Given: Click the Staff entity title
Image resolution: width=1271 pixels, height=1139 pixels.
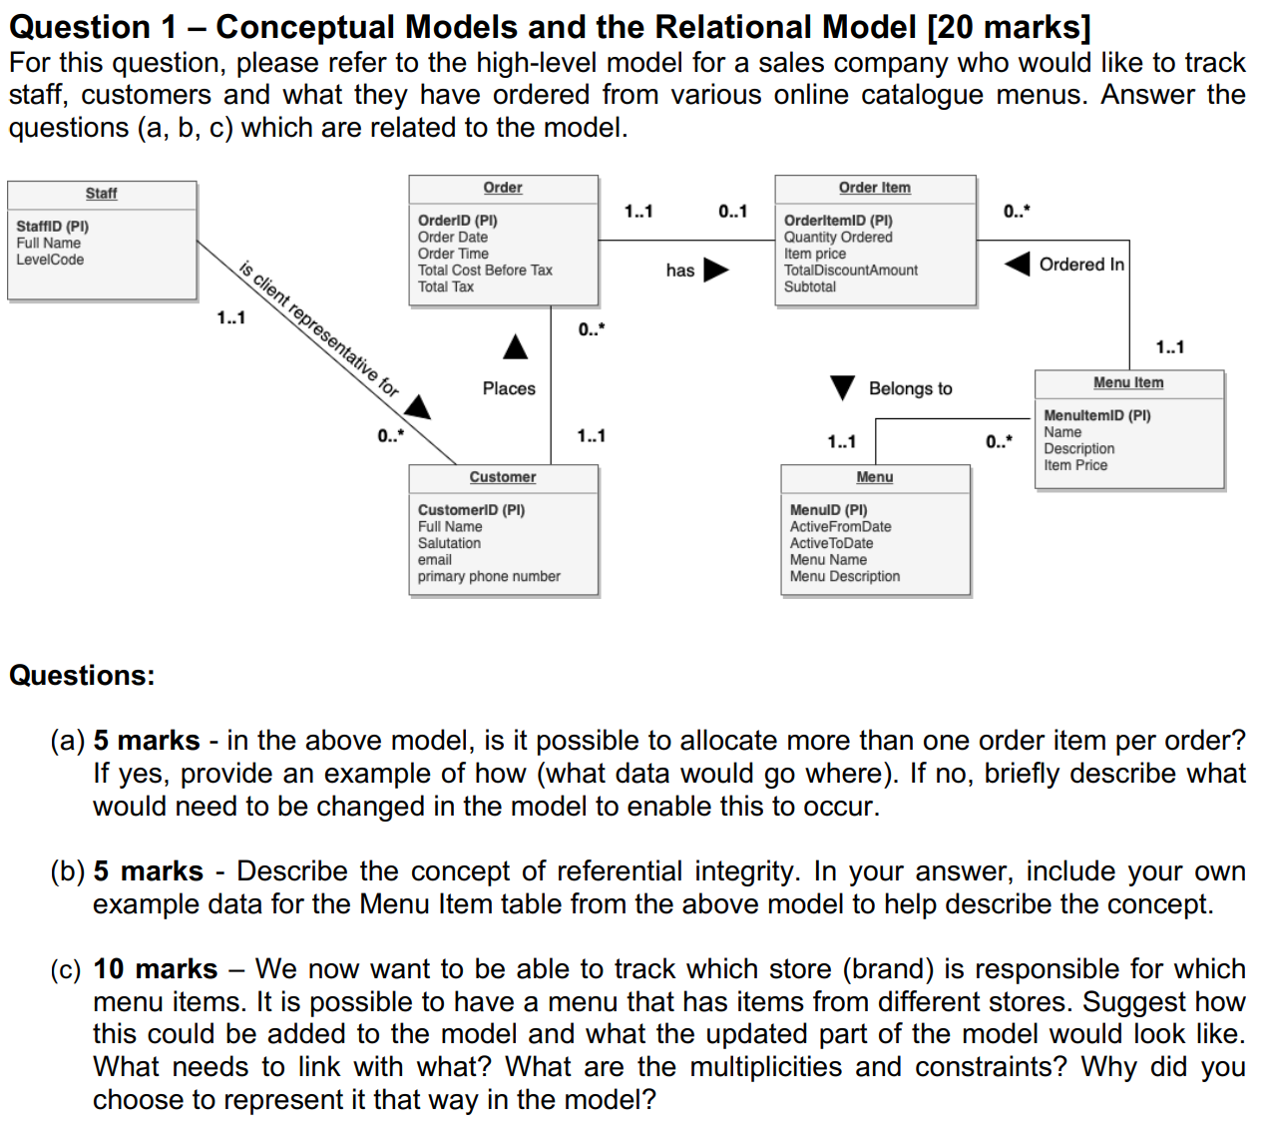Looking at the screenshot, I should click(x=101, y=194).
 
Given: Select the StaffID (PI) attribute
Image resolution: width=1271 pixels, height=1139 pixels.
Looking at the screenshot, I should click(x=52, y=227).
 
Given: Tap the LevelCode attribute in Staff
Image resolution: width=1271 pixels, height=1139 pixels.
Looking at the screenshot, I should click(x=50, y=260).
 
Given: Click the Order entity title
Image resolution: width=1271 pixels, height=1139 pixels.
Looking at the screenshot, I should click(x=503, y=188).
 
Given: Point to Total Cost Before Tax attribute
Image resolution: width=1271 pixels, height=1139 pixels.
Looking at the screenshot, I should click(x=485, y=271).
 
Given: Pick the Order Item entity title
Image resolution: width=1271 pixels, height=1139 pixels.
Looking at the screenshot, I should click(x=874, y=188).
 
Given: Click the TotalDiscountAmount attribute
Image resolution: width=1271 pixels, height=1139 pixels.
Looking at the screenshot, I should click(x=850, y=271).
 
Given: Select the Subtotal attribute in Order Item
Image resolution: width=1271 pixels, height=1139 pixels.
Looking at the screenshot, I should click(x=810, y=286).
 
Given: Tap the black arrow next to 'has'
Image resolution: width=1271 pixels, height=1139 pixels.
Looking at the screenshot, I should click(x=715, y=271).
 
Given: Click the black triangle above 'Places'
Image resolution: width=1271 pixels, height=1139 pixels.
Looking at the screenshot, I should click(x=515, y=347).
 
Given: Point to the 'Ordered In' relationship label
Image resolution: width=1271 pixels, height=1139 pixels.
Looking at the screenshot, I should click(x=1081, y=265).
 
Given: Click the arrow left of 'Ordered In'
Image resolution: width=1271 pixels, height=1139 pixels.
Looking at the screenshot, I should click(x=1017, y=265).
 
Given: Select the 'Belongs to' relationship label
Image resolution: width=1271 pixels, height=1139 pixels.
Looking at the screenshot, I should click(x=910, y=388).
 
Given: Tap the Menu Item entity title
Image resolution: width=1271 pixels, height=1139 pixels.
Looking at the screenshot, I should click(x=1128, y=383).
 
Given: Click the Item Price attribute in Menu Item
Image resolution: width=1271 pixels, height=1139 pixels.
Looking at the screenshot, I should click(x=1075, y=465).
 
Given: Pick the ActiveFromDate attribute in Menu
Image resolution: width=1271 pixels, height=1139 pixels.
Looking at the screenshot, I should click(x=840, y=527).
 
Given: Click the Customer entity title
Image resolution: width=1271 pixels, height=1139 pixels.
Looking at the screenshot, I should click(x=503, y=478).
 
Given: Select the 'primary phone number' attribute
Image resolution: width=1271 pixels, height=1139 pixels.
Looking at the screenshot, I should click(x=489, y=577).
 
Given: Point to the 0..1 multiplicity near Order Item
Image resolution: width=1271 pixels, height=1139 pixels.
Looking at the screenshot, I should click(x=732, y=212).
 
